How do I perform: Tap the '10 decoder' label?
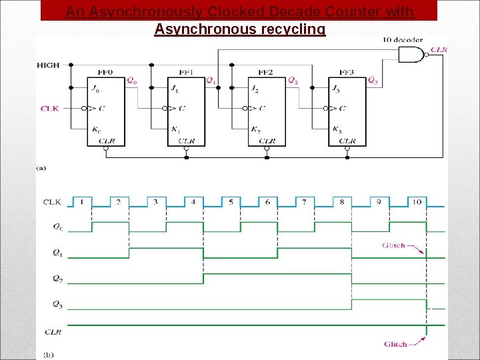tap(402, 40)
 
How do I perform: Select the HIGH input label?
tap(49, 65)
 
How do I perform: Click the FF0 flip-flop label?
tap(105, 72)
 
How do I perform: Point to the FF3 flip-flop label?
tap(347, 72)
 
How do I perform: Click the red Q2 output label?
tap(293, 81)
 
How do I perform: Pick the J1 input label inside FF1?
tap(173, 88)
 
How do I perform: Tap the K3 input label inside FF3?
tap(337, 130)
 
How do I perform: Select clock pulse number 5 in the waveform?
tap(229, 201)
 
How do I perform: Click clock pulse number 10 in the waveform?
tap(416, 201)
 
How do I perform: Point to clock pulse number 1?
tap(81, 201)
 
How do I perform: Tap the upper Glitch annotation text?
tap(393, 245)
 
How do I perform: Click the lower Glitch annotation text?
tap(395, 344)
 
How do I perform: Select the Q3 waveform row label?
tap(59, 304)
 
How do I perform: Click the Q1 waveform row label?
tap(59, 253)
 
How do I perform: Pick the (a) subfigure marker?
tap(41, 169)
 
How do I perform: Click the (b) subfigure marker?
tap(49, 354)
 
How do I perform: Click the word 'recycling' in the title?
tap(293, 29)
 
